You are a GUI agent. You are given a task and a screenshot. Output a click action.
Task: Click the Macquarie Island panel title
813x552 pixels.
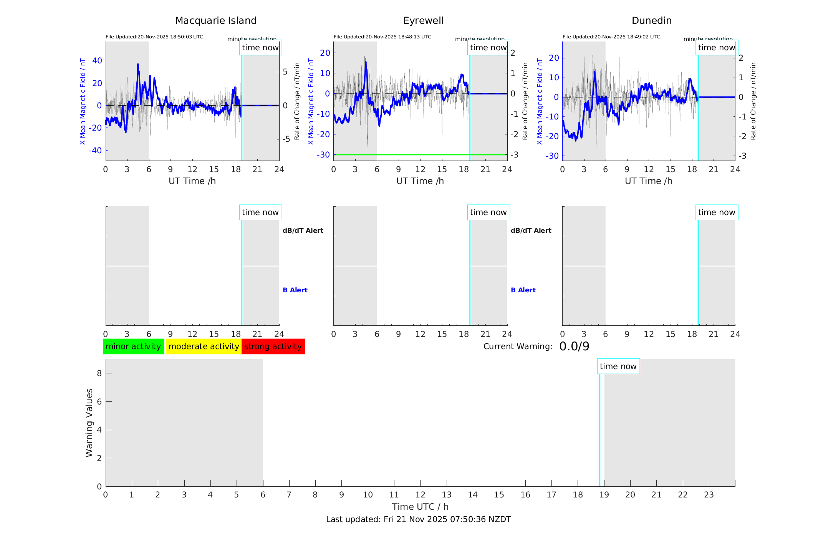pyautogui.click(x=215, y=21)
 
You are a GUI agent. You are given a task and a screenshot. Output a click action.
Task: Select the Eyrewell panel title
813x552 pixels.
pyautogui.click(x=423, y=21)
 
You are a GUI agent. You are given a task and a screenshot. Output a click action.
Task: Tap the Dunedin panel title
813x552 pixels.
pyautogui.click(x=651, y=21)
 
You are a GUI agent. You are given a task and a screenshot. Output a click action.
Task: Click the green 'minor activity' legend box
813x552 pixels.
pyautogui.click(x=133, y=346)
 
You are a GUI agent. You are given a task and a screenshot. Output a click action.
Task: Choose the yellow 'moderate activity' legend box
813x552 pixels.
pyautogui.click(x=204, y=346)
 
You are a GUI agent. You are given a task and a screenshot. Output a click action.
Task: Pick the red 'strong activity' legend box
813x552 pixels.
pyautogui.click(x=273, y=346)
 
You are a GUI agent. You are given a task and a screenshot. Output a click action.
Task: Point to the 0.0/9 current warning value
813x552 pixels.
pyautogui.click(x=574, y=346)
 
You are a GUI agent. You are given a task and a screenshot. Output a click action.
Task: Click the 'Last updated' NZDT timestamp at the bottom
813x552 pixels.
pyautogui.click(x=418, y=519)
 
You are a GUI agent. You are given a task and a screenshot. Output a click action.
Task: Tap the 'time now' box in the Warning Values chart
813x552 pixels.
pyautogui.click(x=618, y=366)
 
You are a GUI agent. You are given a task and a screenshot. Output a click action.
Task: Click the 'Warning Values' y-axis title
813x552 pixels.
pyautogui.click(x=89, y=423)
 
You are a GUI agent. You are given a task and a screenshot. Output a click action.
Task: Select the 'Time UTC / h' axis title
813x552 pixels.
pyautogui.click(x=420, y=507)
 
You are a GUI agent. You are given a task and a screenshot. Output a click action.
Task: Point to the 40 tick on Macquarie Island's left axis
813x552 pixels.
pyautogui.click(x=97, y=61)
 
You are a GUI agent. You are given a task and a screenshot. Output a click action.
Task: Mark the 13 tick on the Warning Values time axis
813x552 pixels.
pyautogui.click(x=447, y=495)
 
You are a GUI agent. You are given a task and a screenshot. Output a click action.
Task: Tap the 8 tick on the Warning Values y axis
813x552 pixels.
pyautogui.click(x=99, y=373)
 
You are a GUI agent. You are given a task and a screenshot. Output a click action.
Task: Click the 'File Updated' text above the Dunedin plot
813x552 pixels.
pyautogui.click(x=611, y=37)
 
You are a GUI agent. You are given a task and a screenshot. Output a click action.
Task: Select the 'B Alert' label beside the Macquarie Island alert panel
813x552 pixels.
pyautogui.click(x=295, y=290)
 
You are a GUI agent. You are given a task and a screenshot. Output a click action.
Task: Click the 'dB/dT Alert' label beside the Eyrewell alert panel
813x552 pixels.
pyautogui.click(x=531, y=230)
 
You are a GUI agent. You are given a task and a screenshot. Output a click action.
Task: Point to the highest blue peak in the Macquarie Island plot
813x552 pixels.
pyautogui.click(x=138, y=65)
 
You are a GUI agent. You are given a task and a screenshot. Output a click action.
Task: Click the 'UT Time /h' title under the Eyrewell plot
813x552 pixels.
pyautogui.click(x=420, y=181)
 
